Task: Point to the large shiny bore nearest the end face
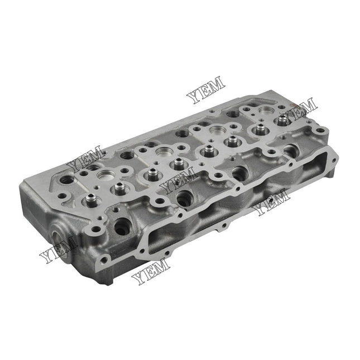pos(104,177)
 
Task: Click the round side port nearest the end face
pos(121,226)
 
